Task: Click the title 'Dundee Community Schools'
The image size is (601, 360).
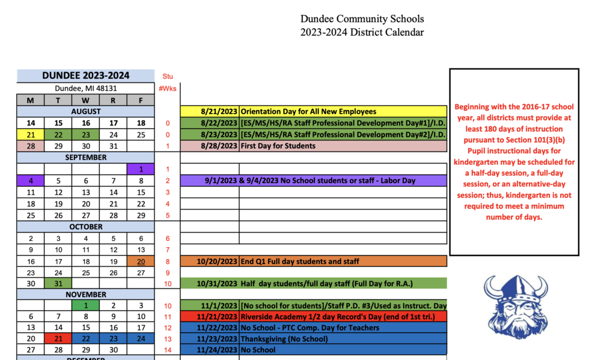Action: point(362,19)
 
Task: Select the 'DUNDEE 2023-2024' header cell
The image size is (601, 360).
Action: point(85,76)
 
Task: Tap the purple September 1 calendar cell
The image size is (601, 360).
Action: point(141,169)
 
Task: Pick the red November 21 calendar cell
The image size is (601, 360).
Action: point(58,338)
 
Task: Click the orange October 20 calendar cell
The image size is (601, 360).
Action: point(141,261)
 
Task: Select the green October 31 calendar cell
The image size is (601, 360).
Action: point(58,284)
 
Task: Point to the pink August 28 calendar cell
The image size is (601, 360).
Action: point(30,146)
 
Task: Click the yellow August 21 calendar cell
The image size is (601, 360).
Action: point(30,135)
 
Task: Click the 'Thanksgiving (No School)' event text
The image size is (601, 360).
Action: point(284,338)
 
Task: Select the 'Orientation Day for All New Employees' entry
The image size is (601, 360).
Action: point(308,111)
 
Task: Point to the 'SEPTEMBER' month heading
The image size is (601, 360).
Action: point(85,157)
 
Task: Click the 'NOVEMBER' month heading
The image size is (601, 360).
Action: point(85,294)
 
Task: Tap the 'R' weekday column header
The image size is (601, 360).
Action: point(113,100)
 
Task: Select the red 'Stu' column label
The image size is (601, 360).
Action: point(168,76)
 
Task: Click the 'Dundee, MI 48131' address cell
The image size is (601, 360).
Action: point(85,88)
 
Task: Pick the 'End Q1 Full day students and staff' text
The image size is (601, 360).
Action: point(300,261)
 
